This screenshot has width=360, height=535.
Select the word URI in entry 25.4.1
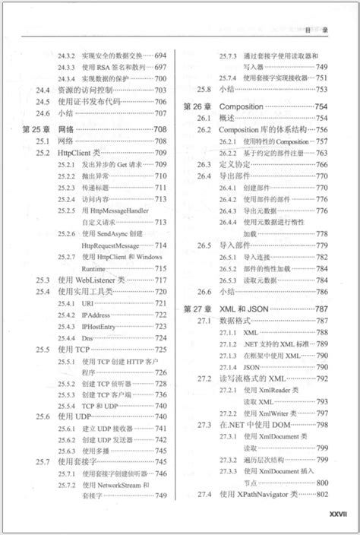coord(87,302)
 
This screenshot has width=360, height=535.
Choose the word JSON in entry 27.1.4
coord(252,366)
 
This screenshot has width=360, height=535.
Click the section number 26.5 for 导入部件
coord(204,245)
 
